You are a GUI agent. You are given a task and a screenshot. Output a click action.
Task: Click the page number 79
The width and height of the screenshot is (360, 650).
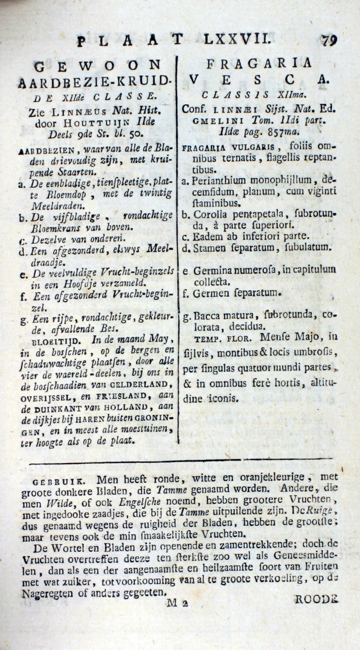point(329,40)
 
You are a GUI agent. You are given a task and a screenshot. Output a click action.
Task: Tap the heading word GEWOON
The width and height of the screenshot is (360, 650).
point(97,66)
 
